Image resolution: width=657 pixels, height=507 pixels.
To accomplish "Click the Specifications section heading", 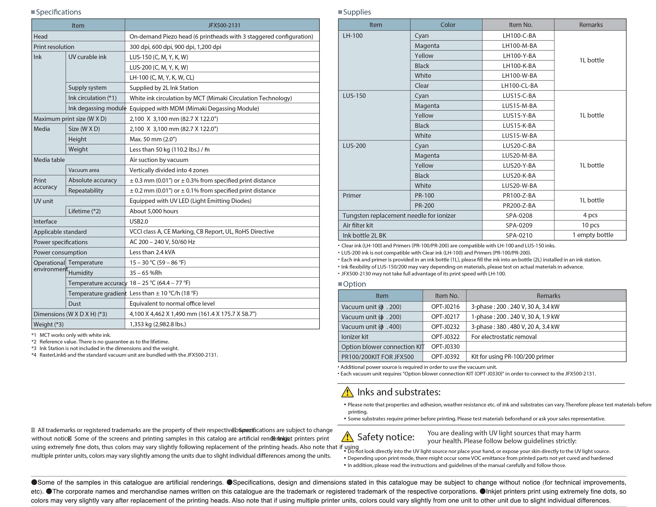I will point(58,12).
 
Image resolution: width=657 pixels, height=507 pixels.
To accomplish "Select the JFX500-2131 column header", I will point(224,25).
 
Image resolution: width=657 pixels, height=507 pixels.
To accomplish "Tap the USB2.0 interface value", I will point(139,221).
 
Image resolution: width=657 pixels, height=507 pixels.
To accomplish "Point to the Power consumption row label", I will point(60,252).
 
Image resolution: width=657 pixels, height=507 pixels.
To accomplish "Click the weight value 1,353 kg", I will point(158,324).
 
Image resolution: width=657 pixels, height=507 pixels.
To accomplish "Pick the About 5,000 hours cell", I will point(154,211).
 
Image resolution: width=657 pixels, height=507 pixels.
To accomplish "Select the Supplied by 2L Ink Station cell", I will point(164,88).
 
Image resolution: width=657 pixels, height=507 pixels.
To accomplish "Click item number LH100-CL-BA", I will point(519,86).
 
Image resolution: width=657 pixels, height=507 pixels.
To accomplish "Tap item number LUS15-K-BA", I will point(519,126).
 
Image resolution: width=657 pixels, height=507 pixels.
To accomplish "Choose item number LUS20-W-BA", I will point(519,186).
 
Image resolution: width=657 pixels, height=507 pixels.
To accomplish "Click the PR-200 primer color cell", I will point(424,206).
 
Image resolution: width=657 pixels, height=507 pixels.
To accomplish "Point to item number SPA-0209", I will point(519,225).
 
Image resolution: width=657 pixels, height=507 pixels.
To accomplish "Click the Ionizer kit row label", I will point(355,337).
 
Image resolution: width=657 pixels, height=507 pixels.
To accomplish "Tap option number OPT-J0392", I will point(445,357).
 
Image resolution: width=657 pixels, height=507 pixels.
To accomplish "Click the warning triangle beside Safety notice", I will point(348,437).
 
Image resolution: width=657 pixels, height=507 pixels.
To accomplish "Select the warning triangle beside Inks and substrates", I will point(348,392).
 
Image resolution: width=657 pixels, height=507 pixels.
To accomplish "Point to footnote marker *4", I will point(34,355).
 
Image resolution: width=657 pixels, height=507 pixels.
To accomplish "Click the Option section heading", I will point(354,284).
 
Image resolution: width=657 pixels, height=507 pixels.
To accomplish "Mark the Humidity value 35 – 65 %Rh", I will point(146,273).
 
